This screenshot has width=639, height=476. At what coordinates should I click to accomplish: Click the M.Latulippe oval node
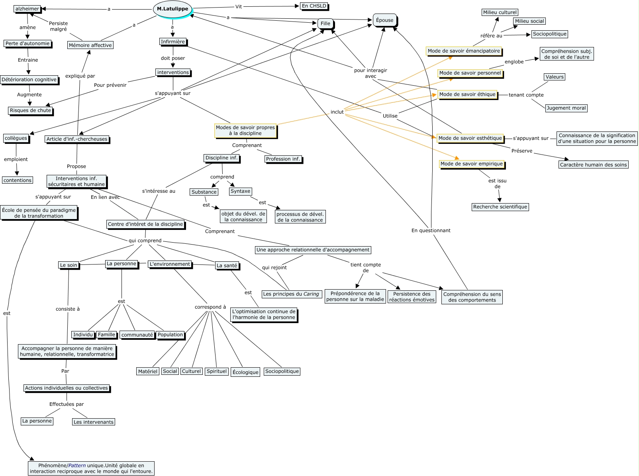tap(172, 9)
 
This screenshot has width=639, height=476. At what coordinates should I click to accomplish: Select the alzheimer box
tap(27, 9)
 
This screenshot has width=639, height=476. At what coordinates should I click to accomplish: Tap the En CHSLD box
tap(314, 6)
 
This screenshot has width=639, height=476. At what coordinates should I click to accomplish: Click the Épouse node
tap(384, 20)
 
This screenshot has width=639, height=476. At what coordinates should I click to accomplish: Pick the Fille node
tap(325, 24)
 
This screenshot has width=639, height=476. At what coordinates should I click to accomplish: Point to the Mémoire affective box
tap(90, 45)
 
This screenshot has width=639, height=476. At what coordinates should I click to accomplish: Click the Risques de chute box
tap(30, 110)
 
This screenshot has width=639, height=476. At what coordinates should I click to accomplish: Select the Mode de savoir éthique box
tap(467, 94)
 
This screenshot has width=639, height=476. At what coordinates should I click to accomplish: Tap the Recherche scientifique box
tap(500, 207)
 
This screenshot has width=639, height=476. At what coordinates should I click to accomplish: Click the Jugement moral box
tap(566, 108)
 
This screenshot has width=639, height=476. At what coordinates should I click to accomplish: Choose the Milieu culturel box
tap(500, 12)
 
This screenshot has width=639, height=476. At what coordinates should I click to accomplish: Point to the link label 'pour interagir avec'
tap(370, 73)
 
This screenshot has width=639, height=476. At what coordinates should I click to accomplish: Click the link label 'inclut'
tap(337, 112)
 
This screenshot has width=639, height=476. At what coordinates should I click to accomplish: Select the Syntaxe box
tap(240, 191)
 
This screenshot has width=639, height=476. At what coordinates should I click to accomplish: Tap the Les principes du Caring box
tap(291, 294)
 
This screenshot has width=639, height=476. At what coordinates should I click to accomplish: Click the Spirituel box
tap(217, 371)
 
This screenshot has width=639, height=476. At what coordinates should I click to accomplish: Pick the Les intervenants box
tap(94, 422)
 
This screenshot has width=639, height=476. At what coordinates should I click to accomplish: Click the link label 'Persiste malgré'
tap(58, 26)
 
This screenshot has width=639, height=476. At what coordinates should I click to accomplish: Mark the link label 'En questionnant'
tap(431, 230)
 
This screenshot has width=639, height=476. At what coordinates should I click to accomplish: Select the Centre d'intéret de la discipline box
tap(145, 224)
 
